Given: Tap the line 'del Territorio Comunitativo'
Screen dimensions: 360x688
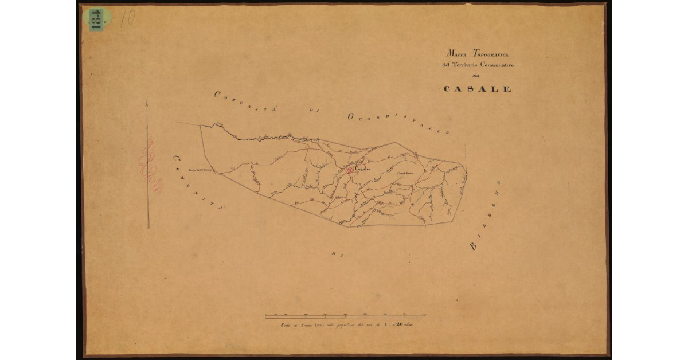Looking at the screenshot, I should (x=478, y=65).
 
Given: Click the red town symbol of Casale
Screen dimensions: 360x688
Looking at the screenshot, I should (x=349, y=170).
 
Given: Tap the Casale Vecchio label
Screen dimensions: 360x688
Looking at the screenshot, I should (x=405, y=174).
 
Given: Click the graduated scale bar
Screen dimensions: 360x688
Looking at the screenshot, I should (x=345, y=315).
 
